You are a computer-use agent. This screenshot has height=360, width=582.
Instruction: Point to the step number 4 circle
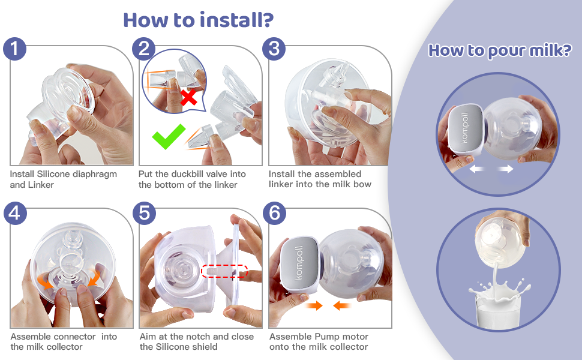(14, 214)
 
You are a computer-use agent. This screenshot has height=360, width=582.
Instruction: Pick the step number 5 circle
(144, 214)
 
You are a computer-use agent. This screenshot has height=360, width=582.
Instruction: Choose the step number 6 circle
(274, 214)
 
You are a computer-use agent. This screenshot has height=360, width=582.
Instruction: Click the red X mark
(189, 97)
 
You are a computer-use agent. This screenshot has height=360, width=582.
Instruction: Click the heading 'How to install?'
(198, 19)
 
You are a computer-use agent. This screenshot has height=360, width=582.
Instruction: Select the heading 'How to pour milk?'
(499, 50)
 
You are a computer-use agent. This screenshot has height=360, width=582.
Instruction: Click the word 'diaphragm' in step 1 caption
(97, 174)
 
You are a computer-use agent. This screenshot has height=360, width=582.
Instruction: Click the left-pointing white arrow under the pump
(478, 170)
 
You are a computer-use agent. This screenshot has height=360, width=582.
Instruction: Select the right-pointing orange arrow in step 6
(315, 306)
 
